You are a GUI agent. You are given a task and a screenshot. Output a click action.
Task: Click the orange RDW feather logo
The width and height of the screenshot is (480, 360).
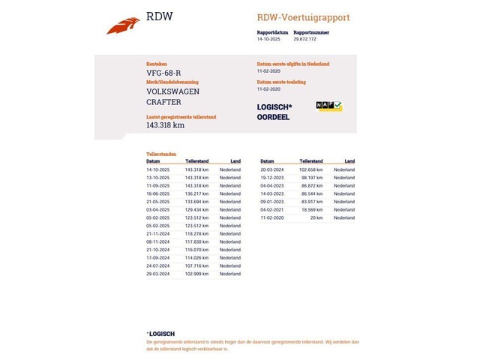coord(123,26)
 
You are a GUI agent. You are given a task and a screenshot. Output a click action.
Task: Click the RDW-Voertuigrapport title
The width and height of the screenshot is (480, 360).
coord(303,17)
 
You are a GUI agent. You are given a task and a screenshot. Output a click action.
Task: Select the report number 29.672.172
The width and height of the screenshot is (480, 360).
coord(304,39)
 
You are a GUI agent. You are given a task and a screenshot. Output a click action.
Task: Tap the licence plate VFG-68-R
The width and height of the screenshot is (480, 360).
coord(163,73)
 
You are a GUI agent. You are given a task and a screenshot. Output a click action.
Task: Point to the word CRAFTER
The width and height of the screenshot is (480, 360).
coord(163,102)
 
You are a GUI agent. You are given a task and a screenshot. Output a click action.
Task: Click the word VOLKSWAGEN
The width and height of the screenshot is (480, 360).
coord(172,91)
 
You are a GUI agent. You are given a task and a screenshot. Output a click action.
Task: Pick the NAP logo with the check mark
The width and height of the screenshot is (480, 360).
coord(328,106)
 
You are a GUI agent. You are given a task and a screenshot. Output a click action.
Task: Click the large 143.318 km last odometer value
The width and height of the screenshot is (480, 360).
coord(165,125)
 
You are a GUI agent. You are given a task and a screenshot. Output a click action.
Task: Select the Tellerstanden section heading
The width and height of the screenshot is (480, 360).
coord(161,154)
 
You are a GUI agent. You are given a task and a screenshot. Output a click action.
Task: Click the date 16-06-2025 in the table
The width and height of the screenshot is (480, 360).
coord(157,193)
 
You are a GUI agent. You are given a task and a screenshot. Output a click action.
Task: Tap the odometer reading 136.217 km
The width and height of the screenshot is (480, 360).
coord(196,193)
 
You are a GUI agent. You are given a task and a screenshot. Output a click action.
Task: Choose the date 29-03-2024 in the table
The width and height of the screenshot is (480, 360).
coord(157,274)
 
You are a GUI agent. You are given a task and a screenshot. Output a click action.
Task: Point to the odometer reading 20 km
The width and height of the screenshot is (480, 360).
coord(316,217)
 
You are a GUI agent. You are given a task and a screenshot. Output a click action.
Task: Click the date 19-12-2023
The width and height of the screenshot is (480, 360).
coord(271,178)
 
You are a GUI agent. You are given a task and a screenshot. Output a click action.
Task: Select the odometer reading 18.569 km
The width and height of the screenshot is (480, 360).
coord(312,210)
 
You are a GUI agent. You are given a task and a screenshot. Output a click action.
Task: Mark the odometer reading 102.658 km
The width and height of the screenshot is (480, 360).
coord(311,169)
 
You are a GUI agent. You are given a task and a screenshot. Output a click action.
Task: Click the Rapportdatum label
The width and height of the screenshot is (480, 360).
coord(272,32)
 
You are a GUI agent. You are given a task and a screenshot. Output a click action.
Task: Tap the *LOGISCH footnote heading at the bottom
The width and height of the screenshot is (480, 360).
coord(160,334)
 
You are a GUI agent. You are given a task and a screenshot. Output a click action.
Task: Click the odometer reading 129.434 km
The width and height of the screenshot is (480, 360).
coord(196,210)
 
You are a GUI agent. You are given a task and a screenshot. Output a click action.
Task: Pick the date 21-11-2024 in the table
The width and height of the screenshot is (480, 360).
coord(157,234)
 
